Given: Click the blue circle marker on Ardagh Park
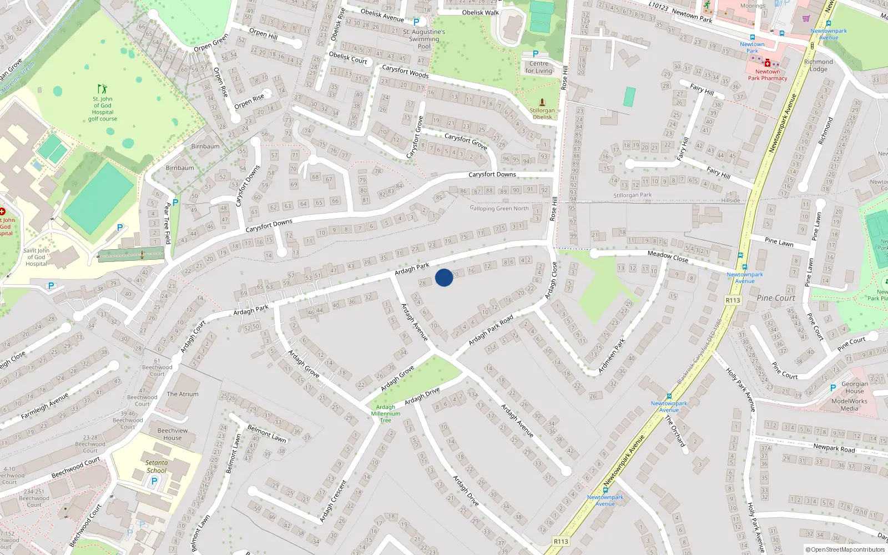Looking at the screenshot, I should tap(444, 277).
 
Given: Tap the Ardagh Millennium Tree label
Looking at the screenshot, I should tap(385, 413).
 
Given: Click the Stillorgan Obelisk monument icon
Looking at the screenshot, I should tap(542, 102).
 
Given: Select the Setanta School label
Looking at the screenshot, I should tap(157, 466).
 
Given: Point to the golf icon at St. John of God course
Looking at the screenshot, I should tap(102, 89).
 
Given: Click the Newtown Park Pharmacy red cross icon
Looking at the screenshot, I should tap(767, 63).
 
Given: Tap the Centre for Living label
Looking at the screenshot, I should tap(538, 67).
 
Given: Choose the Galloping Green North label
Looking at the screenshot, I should tap(499, 209).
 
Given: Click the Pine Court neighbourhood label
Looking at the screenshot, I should tap(776, 298).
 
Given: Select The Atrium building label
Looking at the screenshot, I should tap(182, 394).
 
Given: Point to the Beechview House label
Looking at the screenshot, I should tap(173, 434).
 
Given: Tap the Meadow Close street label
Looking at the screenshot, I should tap(668, 256).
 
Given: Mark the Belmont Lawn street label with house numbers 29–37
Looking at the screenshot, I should tap(266, 433).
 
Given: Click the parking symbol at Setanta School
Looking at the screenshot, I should tap(154, 481).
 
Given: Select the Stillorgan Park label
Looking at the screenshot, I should tap(632, 195).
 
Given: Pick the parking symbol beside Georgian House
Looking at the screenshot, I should tap(833, 388).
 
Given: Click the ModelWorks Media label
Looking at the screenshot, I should tap(849, 405).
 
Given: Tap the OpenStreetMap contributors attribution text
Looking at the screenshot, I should tap(845, 550).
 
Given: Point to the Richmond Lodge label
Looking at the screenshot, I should tap(818, 65).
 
